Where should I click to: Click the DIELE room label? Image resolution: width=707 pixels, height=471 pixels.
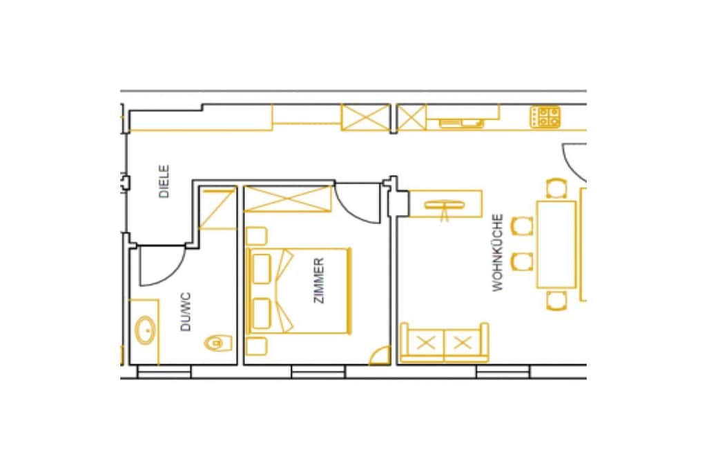pyautogui.click(x=164, y=181)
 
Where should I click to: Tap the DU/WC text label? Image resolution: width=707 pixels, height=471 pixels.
pyautogui.click(x=185, y=312)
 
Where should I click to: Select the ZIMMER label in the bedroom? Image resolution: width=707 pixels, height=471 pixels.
pyautogui.click(x=318, y=281)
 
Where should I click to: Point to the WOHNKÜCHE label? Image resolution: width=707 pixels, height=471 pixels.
pyautogui.click(x=497, y=252)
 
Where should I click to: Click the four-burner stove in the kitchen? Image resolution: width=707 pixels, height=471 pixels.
pyautogui.click(x=545, y=117)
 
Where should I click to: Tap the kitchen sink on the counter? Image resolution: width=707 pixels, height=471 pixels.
pyautogui.click(x=461, y=123)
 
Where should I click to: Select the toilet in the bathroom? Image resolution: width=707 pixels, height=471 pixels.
pyautogui.click(x=218, y=343)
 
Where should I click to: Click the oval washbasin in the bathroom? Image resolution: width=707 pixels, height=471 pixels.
pyautogui.click(x=146, y=330)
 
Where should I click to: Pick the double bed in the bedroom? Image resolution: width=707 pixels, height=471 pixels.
pyautogui.click(x=298, y=290)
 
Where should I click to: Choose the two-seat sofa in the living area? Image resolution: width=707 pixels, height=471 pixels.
pyautogui.click(x=445, y=342)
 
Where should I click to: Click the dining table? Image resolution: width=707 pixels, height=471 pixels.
pyautogui.click(x=556, y=245)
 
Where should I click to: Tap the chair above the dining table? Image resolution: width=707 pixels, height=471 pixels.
pyautogui.click(x=556, y=188)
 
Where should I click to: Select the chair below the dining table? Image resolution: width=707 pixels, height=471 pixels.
pyautogui.click(x=556, y=301)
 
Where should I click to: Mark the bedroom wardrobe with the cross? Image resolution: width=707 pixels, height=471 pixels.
pyautogui.click(x=288, y=199)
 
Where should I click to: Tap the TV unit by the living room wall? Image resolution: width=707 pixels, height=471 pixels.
pyautogui.click(x=445, y=204)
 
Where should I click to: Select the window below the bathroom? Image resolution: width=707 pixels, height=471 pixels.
pyautogui.click(x=164, y=372)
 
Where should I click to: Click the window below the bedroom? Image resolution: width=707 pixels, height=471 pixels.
pyautogui.click(x=318, y=372)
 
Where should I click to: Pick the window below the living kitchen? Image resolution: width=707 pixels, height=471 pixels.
pyautogui.click(x=503, y=372)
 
